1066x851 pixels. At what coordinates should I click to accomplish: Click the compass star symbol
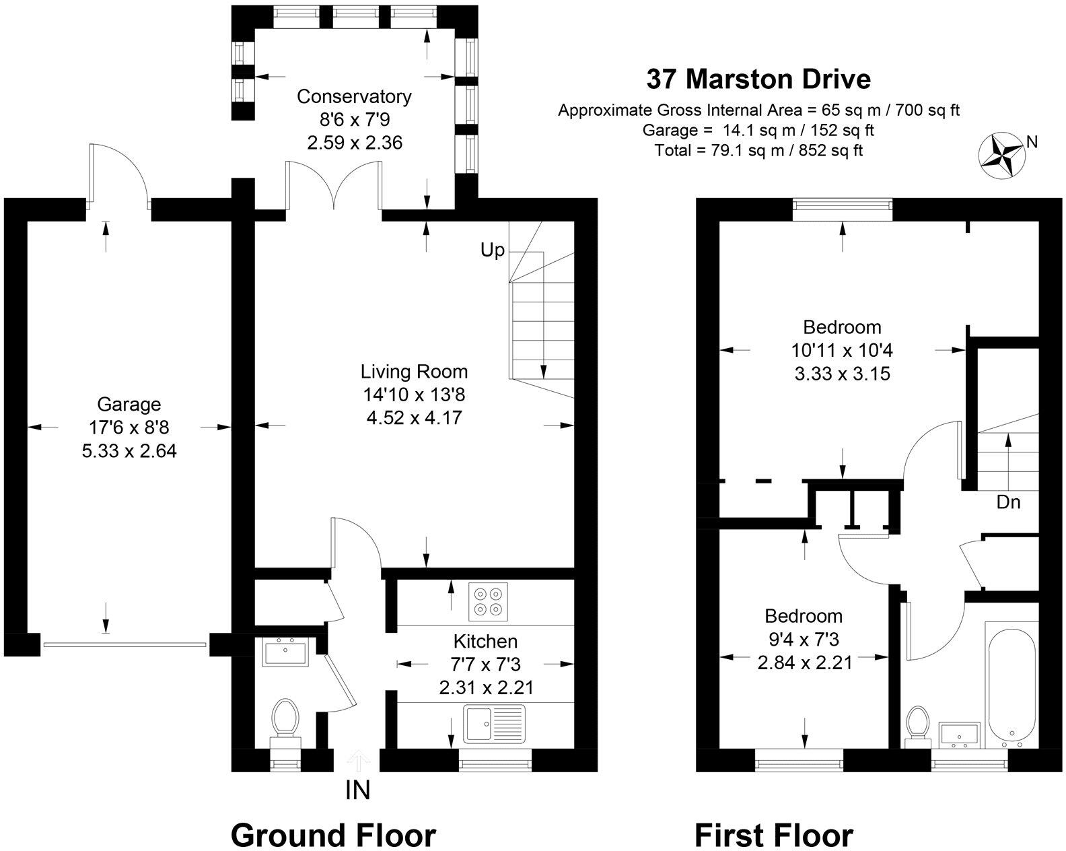1001,154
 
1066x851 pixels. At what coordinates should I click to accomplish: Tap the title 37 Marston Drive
758,79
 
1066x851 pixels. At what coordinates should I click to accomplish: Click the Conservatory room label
354,96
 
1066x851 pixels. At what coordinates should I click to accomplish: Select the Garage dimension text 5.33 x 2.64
129,450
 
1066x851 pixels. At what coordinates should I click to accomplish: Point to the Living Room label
414,371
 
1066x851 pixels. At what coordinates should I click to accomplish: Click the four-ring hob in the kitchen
488,602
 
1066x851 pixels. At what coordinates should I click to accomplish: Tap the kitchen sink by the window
494,724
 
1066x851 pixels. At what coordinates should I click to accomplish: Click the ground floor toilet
285,718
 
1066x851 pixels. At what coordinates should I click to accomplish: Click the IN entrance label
357,790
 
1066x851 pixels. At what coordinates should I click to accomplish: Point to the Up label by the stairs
492,250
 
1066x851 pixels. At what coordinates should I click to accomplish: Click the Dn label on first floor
1007,502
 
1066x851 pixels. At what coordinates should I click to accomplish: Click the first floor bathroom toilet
917,725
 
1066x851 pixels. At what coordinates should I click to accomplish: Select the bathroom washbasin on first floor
959,735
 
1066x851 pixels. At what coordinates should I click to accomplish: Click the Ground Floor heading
333,835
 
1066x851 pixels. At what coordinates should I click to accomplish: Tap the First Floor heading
773,836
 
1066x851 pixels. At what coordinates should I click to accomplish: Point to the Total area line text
758,149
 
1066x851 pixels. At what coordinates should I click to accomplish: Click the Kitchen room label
485,641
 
